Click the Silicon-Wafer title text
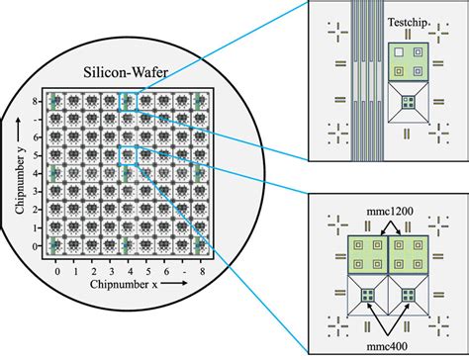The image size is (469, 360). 126,72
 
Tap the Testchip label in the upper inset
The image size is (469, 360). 408,22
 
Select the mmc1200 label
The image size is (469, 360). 390,212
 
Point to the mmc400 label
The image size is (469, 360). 387,346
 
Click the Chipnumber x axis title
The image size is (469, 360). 124,284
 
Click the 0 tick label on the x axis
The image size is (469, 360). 57,272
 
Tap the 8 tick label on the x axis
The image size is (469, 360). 202,272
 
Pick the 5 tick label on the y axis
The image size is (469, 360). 36,155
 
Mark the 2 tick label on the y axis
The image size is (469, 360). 36,210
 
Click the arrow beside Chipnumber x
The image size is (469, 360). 174,283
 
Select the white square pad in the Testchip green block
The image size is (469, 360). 399,51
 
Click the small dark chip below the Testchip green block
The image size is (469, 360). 408,102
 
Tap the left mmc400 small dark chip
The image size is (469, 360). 367,295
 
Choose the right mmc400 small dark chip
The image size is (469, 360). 408,295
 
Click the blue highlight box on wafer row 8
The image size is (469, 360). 128,101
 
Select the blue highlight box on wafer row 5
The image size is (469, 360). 128,155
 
